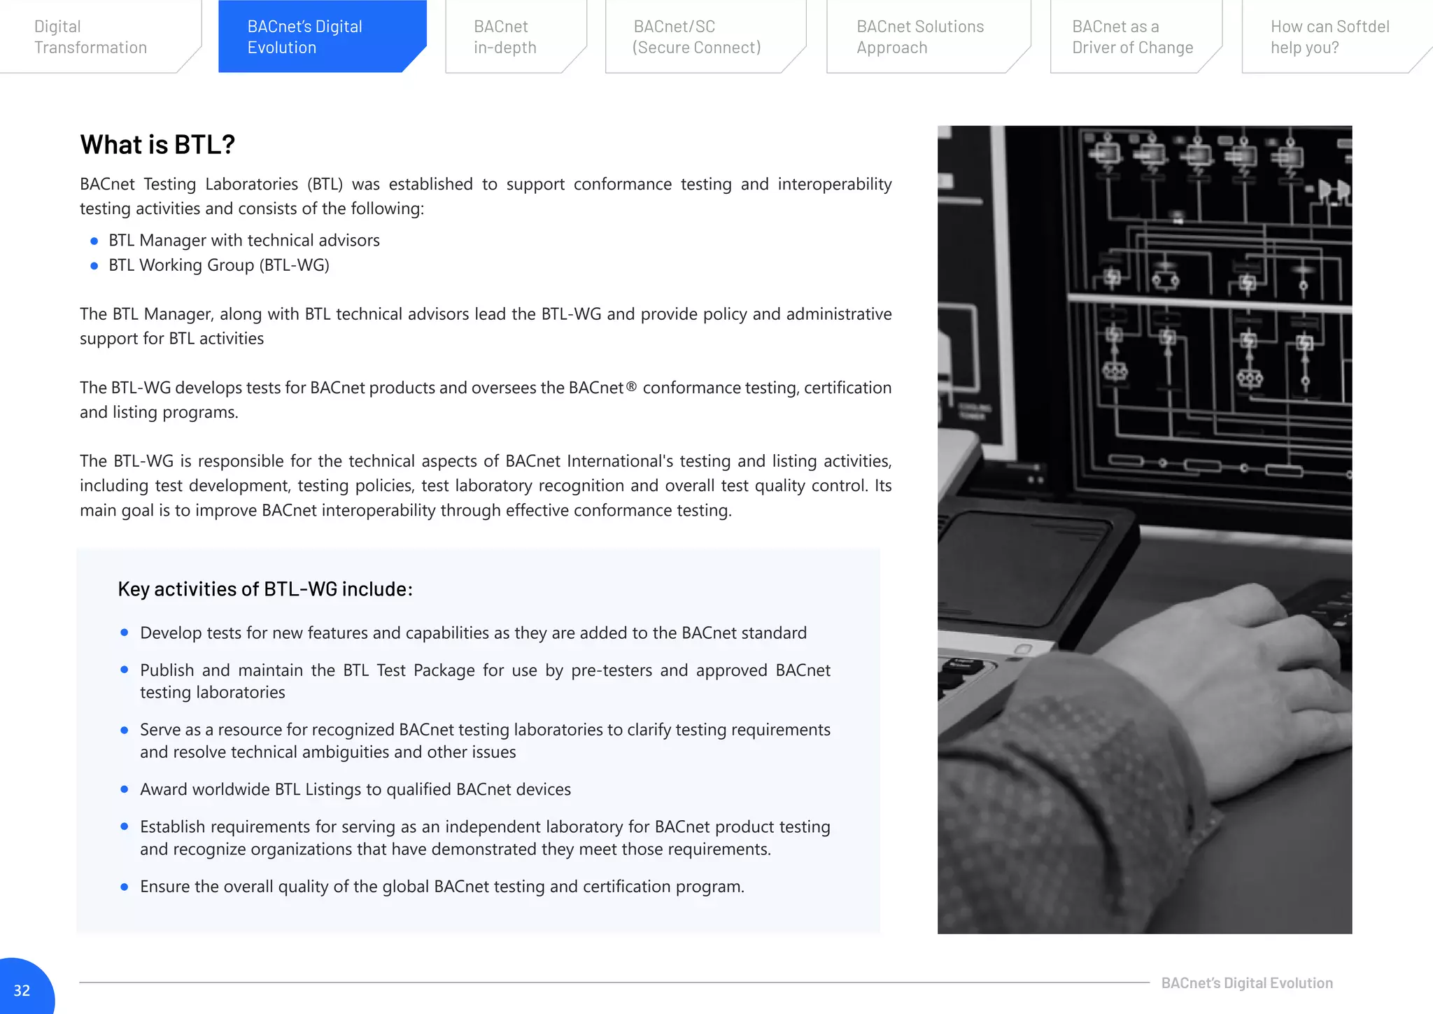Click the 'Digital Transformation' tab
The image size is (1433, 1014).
(90, 37)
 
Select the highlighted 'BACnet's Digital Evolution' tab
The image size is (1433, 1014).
(305, 37)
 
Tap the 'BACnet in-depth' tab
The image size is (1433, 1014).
(505, 37)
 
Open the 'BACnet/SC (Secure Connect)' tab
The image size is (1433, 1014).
(696, 37)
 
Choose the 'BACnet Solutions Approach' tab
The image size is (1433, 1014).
(920, 37)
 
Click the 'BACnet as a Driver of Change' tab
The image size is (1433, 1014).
(1132, 37)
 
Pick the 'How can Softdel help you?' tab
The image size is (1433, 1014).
(1329, 37)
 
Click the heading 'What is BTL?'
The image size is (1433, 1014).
(157, 145)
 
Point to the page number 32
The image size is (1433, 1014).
(22, 990)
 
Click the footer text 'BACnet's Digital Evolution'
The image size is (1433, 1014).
(1247, 983)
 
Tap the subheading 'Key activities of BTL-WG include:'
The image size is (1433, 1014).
(265, 589)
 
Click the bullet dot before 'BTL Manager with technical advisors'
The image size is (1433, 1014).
(94, 241)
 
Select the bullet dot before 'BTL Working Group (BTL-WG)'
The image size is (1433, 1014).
(94, 266)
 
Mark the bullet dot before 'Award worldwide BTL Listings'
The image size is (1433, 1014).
(125, 789)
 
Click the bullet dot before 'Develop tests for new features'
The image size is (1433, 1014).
(125, 633)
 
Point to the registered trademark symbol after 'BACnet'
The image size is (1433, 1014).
(631, 386)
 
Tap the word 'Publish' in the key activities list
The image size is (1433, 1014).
(167, 670)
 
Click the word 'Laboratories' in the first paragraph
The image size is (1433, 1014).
(251, 185)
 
